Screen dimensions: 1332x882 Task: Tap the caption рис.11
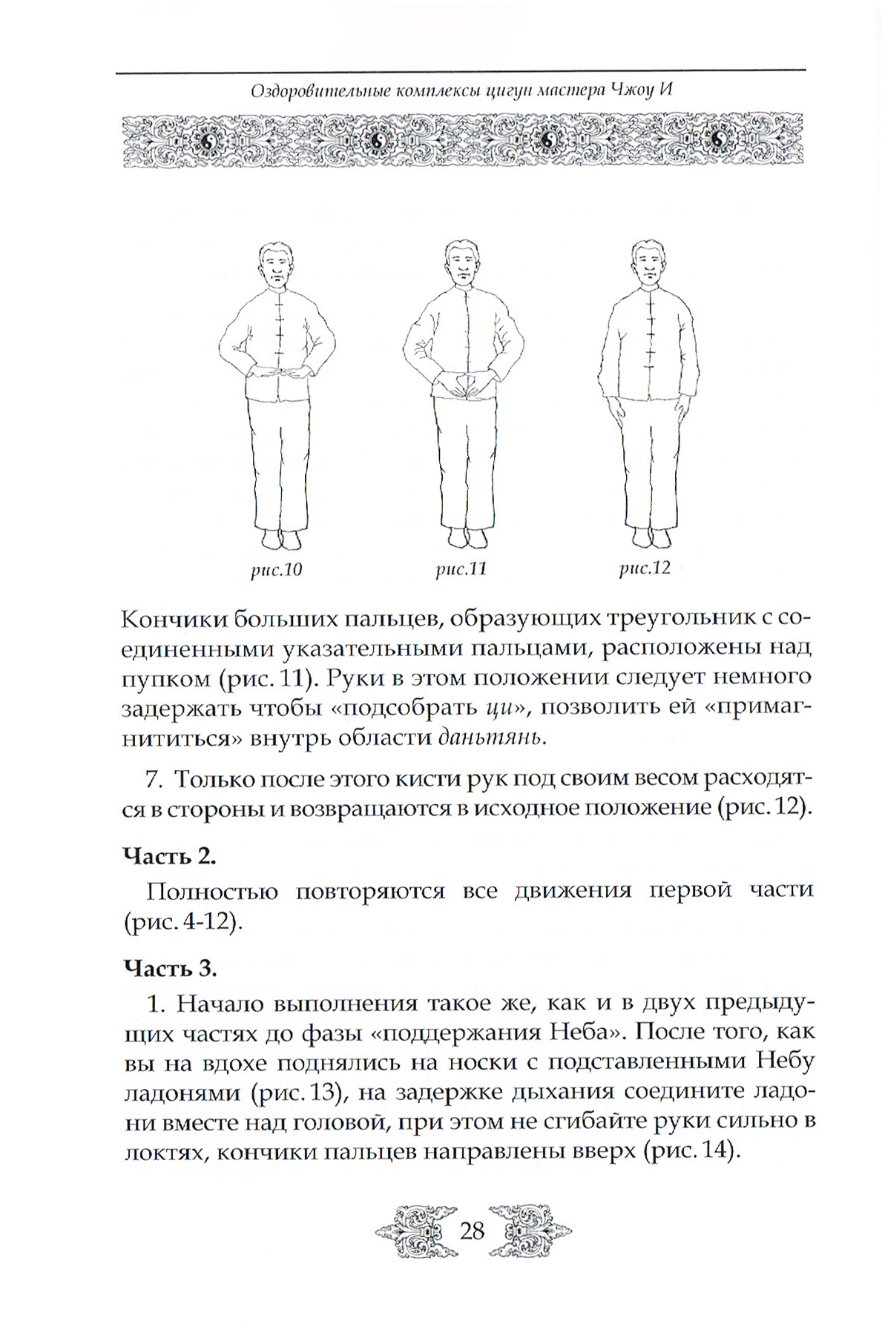pos(461,569)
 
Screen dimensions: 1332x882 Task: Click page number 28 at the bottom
pos(472,1230)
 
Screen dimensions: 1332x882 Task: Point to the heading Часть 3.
pos(170,967)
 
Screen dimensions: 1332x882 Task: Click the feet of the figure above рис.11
pos(461,537)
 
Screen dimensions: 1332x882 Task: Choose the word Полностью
pos(211,889)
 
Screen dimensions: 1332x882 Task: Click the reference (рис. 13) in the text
pos(292,1093)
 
